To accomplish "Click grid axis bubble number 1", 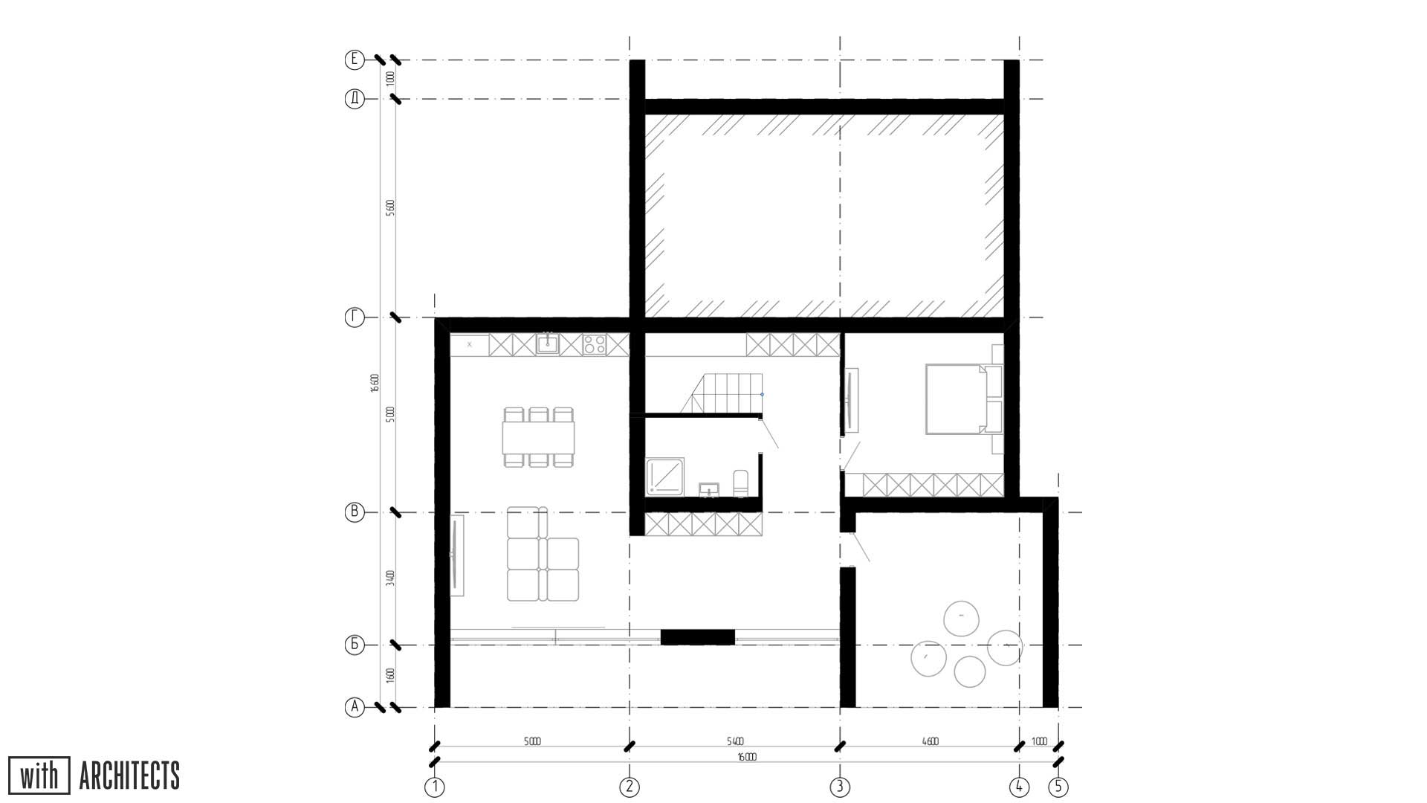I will click(435, 786).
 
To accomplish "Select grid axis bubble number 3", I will click(840, 786).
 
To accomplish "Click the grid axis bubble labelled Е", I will click(355, 59).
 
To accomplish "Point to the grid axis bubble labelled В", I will click(355, 512).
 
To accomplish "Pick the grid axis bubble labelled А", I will click(355, 707).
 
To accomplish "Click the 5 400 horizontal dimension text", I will click(734, 741).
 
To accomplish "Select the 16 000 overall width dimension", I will click(746, 758).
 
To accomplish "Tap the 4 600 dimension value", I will click(930, 741).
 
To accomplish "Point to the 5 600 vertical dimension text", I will click(390, 208).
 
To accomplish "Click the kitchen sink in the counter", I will click(548, 344).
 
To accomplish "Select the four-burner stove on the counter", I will click(594, 344).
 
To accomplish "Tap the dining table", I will click(538, 437).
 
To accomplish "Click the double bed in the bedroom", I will click(957, 399).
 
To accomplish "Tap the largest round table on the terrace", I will click(961, 619).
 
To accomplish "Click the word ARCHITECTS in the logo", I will click(129, 776).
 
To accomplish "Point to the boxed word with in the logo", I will click(39, 776).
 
